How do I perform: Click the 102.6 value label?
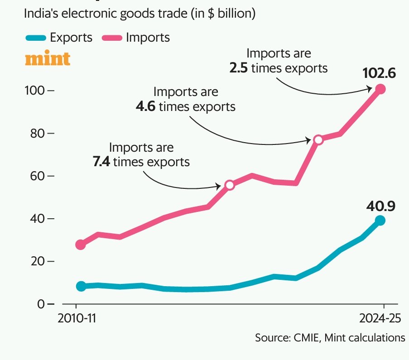click(x=379, y=73)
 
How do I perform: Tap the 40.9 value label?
click(x=381, y=206)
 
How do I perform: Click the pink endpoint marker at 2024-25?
click(x=380, y=89)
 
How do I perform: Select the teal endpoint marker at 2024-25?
click(x=380, y=221)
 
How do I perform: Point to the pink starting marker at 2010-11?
click(x=81, y=245)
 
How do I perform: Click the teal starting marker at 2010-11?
click(x=81, y=286)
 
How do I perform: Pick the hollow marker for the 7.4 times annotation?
click(x=230, y=185)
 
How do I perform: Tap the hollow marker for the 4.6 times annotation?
click(x=318, y=140)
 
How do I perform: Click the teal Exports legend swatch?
click(x=36, y=38)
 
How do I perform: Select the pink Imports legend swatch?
click(x=112, y=38)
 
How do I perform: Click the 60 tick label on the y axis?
click(x=38, y=176)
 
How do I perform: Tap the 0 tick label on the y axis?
click(x=41, y=304)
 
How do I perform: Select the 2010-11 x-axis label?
click(x=77, y=318)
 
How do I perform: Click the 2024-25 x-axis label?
click(x=380, y=318)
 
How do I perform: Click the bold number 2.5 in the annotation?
click(x=238, y=68)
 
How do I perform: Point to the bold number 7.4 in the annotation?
click(x=101, y=162)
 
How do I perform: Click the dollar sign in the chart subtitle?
click(x=211, y=14)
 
